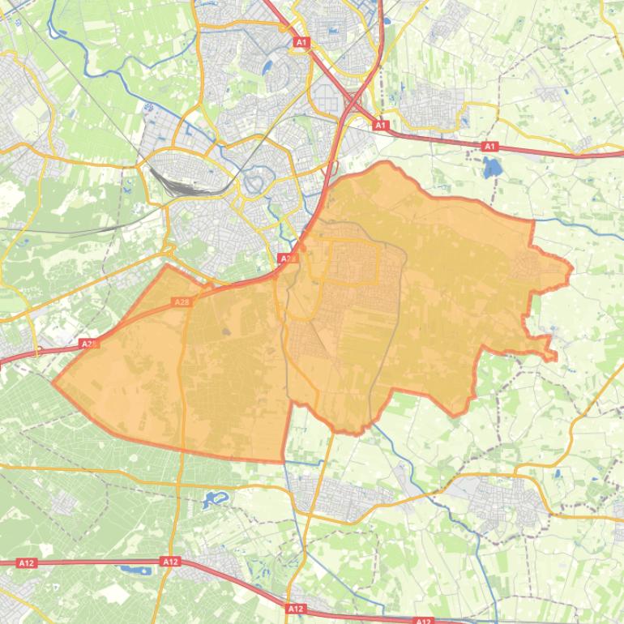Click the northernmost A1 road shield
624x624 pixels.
tap(301, 41)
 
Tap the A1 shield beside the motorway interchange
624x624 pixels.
tap(381, 126)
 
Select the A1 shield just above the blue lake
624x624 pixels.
tap(489, 147)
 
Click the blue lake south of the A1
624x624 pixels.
tap(491, 168)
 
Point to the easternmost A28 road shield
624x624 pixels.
tap(285, 258)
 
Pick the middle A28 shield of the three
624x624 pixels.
tap(182, 302)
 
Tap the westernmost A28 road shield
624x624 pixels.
tap(88, 344)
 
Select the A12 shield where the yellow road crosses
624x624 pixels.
tap(170, 562)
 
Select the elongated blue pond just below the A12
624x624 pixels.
tap(135, 571)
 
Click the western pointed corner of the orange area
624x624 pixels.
tap(53, 383)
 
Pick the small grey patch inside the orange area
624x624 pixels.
tap(225, 331)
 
